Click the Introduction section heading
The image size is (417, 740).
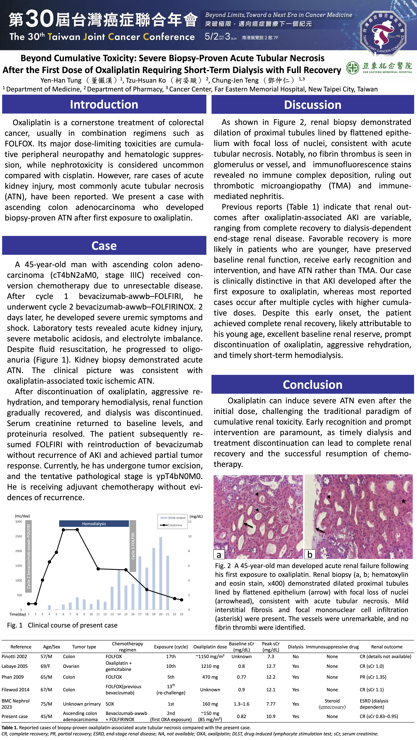click(x=104, y=105)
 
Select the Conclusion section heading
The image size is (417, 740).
click(x=313, y=385)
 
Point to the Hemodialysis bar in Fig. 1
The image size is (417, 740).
click(x=94, y=524)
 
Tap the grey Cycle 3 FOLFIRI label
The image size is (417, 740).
click(x=133, y=546)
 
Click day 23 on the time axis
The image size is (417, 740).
click(x=181, y=614)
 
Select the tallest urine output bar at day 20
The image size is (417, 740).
click(x=161, y=573)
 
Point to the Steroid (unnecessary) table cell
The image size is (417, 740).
click(x=332, y=704)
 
